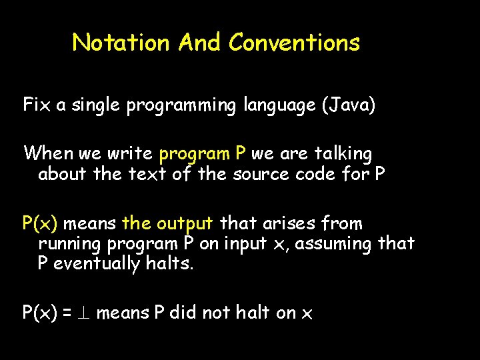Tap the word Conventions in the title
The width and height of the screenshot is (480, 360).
click(294, 43)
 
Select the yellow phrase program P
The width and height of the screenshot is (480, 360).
click(203, 154)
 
